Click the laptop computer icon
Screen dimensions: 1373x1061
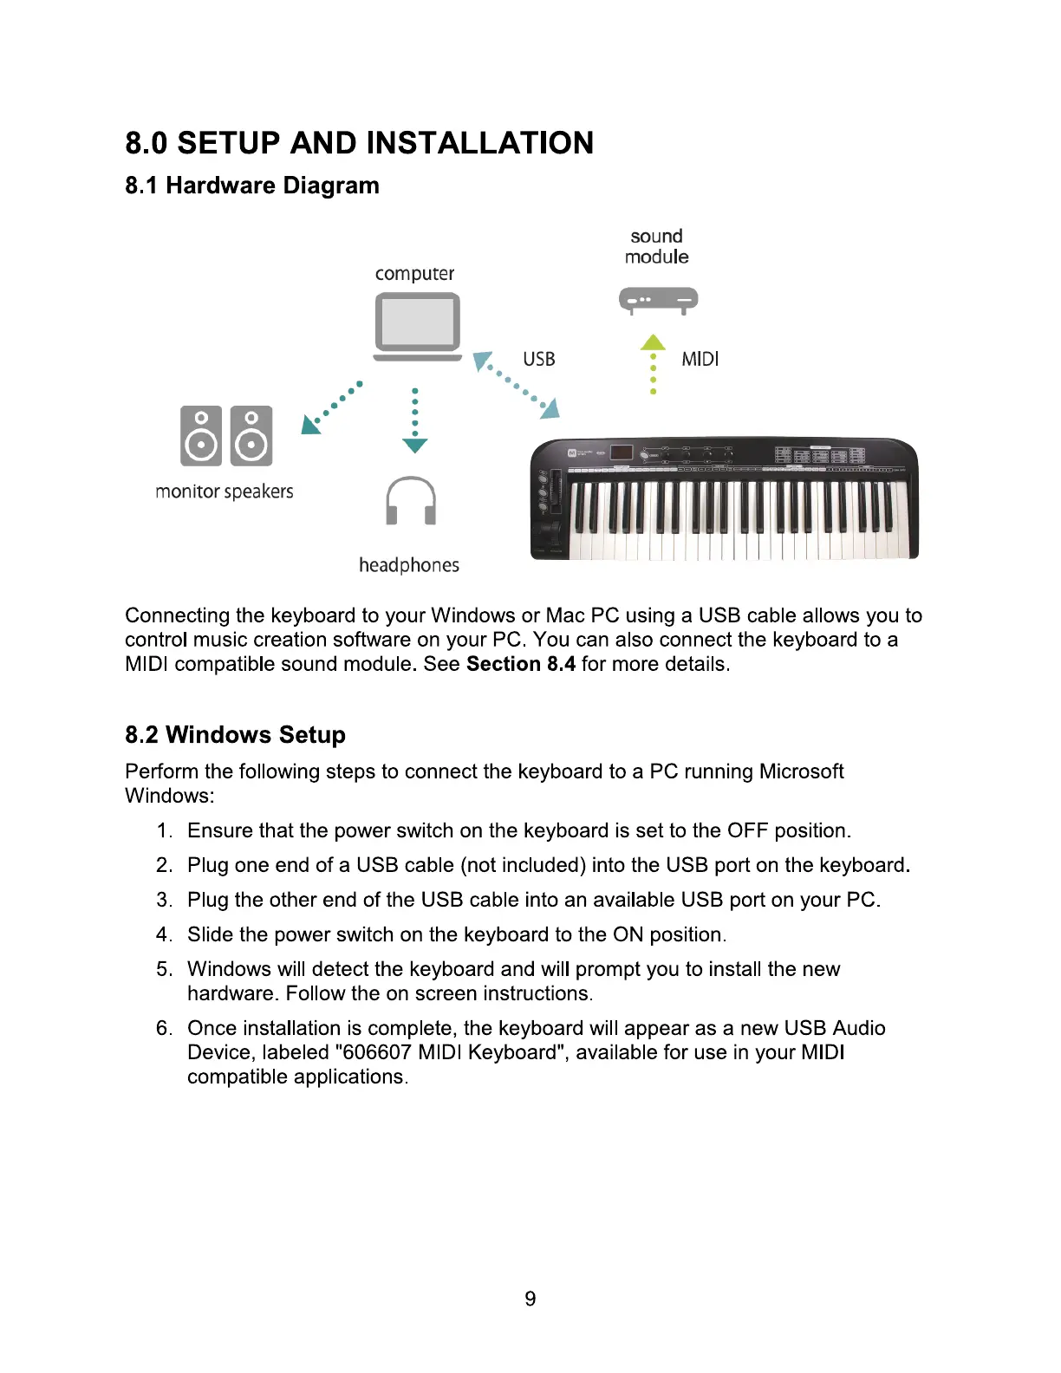[x=417, y=325]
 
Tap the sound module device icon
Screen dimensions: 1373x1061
[x=658, y=300]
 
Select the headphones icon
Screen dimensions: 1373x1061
[x=410, y=501]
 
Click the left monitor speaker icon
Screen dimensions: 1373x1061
[x=201, y=436]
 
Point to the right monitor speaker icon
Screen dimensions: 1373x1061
[x=251, y=436]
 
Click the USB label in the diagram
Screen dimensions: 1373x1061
[x=538, y=359]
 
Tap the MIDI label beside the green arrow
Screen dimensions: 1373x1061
[x=700, y=359]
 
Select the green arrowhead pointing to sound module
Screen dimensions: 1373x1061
[x=653, y=342]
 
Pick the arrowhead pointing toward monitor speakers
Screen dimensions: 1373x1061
[x=309, y=424]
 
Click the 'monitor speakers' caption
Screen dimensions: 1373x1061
[x=225, y=491]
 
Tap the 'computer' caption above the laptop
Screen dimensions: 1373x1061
[x=414, y=274]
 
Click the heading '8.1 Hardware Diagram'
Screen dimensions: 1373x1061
[x=252, y=185]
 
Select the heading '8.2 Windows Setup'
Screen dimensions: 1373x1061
[x=235, y=735]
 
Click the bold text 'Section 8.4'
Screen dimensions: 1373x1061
[x=520, y=664]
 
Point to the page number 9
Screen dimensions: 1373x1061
[x=530, y=1298]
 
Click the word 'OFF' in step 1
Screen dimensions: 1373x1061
[x=747, y=830]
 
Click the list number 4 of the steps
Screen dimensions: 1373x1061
[x=164, y=934]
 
